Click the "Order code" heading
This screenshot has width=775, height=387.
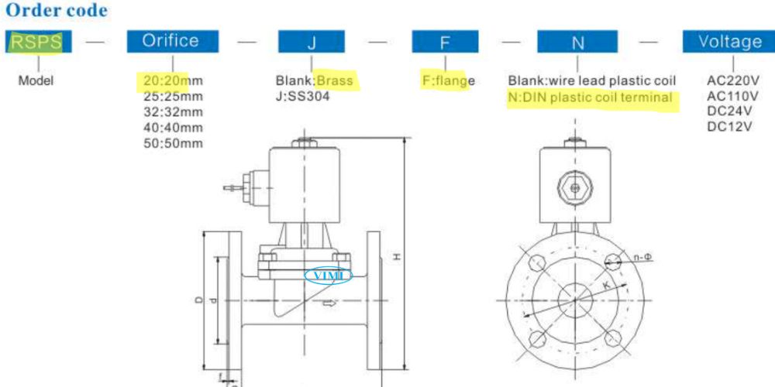coord(57,11)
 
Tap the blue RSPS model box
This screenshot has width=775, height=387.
coord(38,42)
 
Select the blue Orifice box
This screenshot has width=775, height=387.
coord(173,42)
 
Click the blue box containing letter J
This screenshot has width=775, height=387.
coord(312,42)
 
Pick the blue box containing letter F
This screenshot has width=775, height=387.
coord(445,42)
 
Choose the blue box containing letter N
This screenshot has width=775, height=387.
coord(577,42)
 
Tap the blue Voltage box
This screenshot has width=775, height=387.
coord(728,42)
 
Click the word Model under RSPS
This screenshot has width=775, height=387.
coord(36,80)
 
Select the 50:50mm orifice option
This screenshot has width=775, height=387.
coord(173,144)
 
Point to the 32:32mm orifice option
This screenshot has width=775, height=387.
coord(173,112)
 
